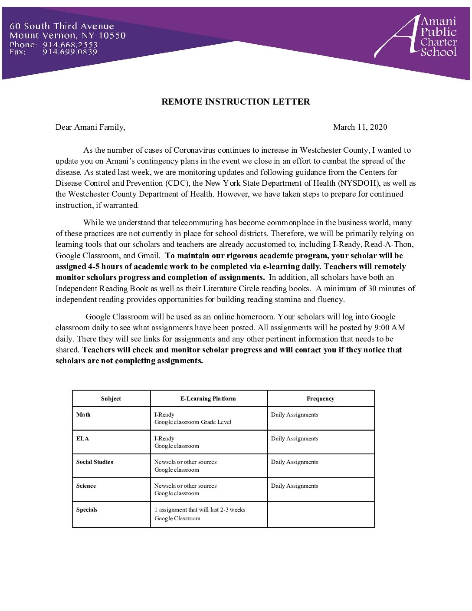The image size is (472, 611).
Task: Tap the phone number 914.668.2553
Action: point(70,45)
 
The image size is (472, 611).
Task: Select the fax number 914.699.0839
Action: point(70,52)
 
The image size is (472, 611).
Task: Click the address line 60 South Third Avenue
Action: point(62,26)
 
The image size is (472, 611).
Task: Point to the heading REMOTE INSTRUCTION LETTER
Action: point(236,102)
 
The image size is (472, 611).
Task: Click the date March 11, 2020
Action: point(360,127)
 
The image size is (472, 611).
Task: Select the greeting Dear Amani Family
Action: point(90,127)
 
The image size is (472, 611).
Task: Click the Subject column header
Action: point(111,399)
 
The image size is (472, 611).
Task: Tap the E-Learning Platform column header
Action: point(208,399)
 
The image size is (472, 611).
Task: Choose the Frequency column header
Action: point(320,399)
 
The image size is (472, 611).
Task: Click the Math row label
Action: point(83,415)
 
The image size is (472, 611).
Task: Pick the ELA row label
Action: point(82,439)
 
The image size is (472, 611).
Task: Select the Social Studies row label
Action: point(95,462)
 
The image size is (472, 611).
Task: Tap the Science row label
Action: point(86,486)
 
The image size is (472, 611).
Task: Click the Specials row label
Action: point(87,510)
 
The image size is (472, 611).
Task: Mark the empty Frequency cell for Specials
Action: point(321,515)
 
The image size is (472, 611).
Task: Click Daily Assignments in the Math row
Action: point(295,415)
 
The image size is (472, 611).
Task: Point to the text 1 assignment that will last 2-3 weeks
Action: point(200,510)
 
